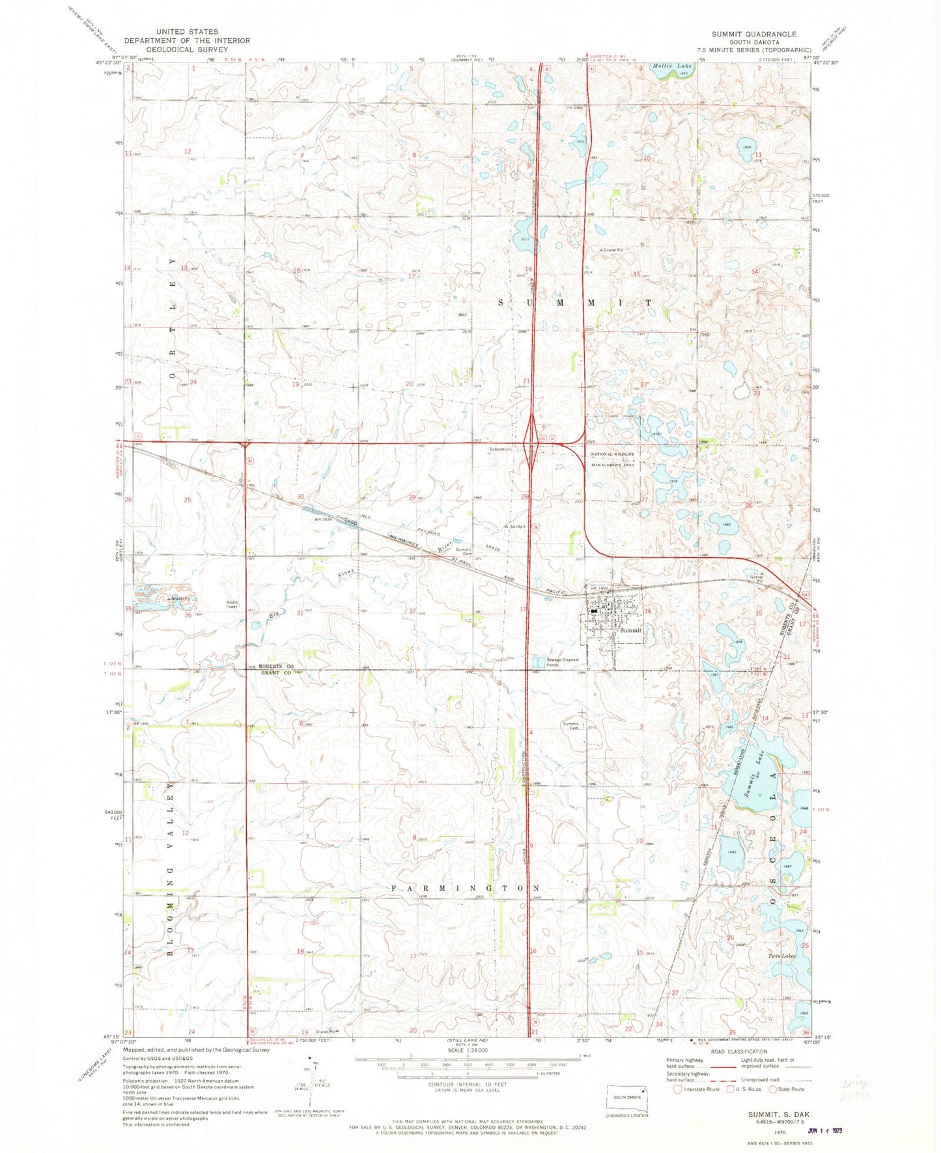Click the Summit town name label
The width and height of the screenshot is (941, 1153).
tap(630, 630)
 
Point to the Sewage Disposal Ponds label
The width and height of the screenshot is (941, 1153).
tap(561, 662)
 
